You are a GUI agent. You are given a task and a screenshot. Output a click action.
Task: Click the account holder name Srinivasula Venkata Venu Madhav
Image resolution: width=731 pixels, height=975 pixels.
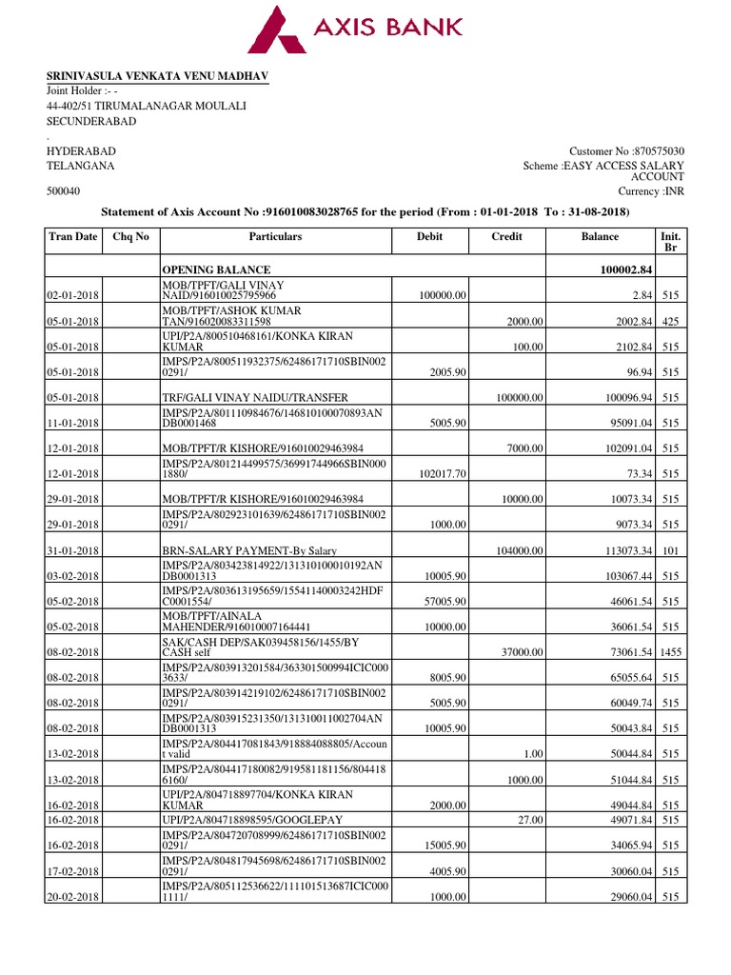coord(158,75)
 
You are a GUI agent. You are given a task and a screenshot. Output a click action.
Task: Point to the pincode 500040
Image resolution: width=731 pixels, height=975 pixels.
coord(64,191)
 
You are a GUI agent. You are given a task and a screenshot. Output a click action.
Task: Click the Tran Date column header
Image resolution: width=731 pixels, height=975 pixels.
coord(72,236)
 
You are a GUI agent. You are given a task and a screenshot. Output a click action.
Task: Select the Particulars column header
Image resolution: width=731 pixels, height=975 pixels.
coord(275,236)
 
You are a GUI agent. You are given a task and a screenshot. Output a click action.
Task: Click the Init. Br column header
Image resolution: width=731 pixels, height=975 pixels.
coord(669,241)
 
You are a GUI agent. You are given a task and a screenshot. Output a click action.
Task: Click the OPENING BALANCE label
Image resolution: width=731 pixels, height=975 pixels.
coord(217,270)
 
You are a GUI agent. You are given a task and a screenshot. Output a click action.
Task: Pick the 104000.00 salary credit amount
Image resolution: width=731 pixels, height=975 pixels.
coord(518,550)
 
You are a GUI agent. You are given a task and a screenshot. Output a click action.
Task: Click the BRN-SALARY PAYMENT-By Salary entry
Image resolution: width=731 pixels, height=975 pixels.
coord(249,550)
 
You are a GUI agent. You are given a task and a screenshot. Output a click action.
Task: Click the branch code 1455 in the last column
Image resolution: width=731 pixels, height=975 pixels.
coord(670,652)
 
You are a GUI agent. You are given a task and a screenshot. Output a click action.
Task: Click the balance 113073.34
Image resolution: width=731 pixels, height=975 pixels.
coord(620,550)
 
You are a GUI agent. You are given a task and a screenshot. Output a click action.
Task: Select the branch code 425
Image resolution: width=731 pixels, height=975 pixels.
coord(670,321)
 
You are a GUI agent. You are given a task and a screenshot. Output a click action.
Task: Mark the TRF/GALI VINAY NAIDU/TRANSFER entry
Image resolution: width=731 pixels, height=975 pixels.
coord(256,397)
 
